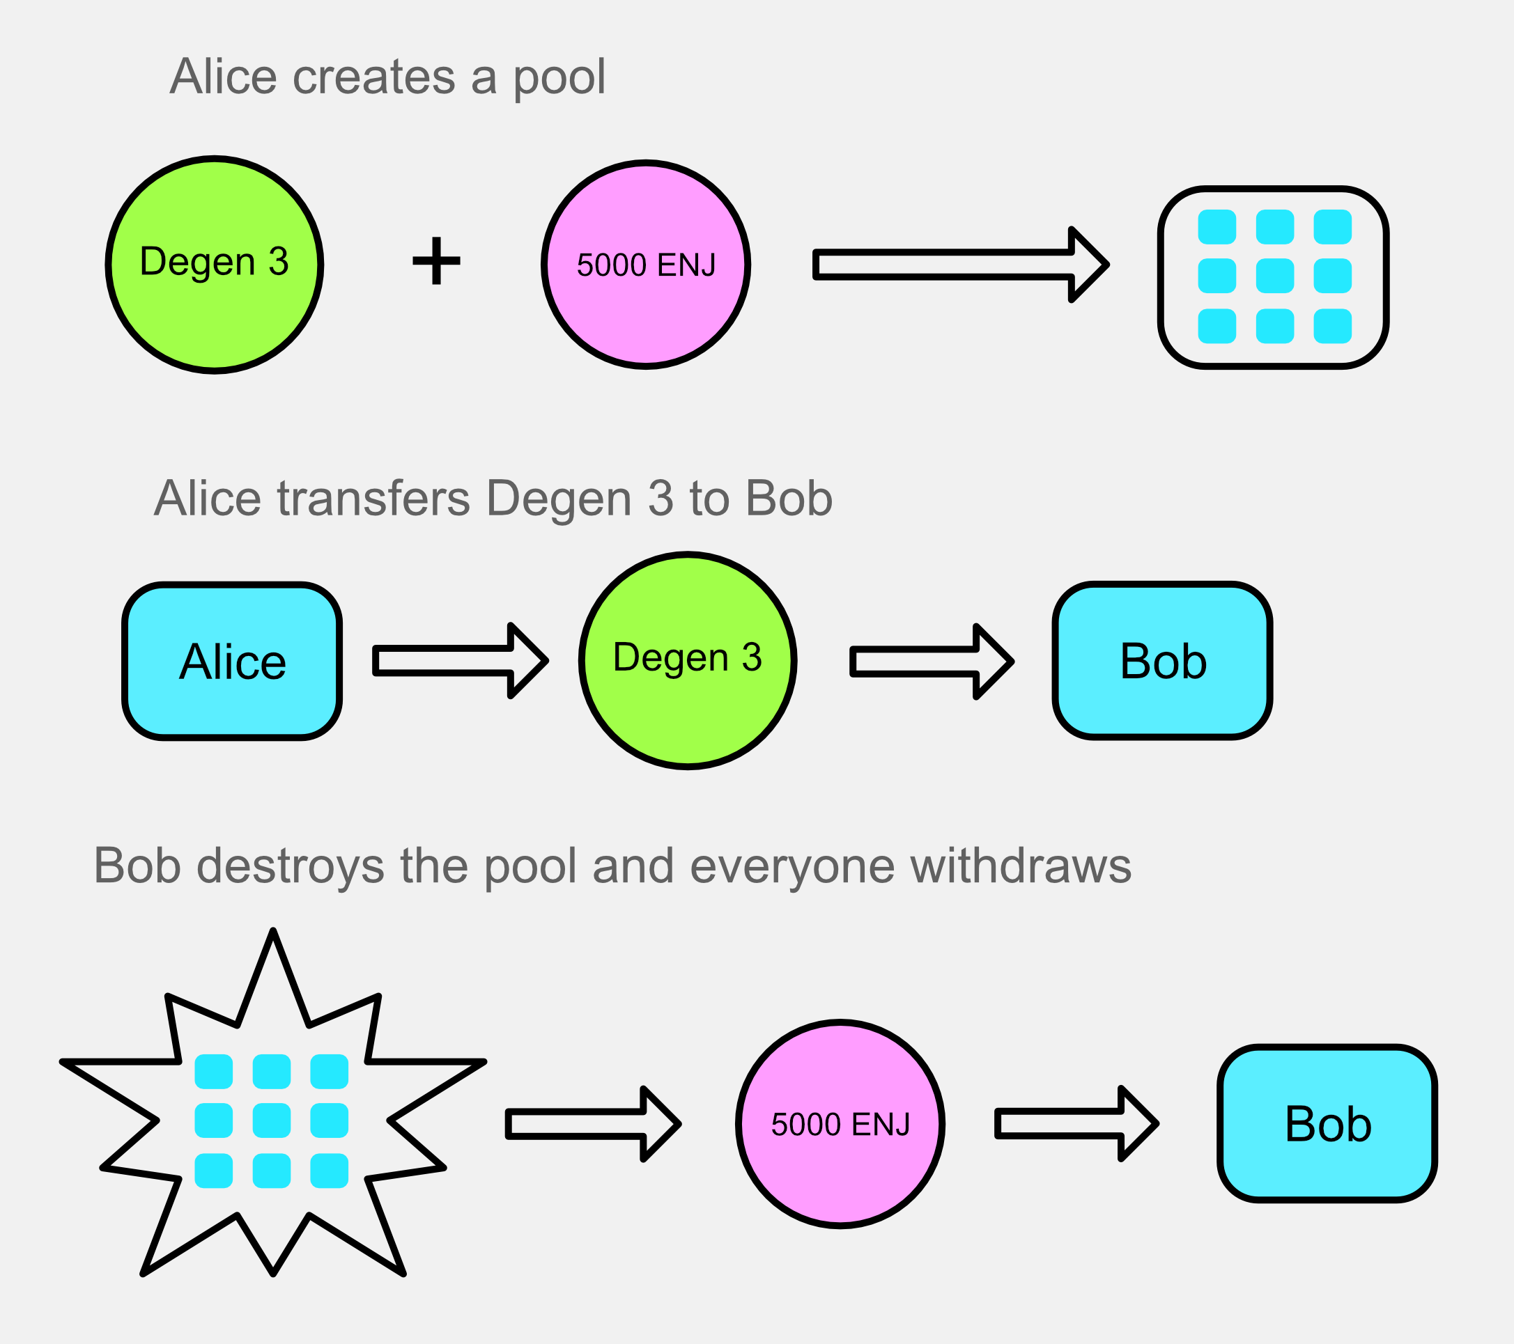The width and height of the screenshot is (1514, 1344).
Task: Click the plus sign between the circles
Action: click(436, 260)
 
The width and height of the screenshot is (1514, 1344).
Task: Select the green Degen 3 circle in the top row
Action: click(215, 265)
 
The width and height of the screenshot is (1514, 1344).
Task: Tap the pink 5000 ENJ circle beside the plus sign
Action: click(646, 265)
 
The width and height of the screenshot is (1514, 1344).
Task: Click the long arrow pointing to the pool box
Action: click(961, 265)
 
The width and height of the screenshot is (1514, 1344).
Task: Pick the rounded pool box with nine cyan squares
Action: click(1273, 277)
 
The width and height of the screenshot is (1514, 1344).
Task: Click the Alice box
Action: click(232, 662)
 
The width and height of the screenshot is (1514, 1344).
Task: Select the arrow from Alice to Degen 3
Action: click(461, 661)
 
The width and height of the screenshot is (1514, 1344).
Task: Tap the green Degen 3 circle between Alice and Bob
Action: click(688, 661)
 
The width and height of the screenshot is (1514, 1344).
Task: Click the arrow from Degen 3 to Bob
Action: click(932, 662)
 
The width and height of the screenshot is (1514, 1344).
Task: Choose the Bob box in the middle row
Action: click(1163, 661)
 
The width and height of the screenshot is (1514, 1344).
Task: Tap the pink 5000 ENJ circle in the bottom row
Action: click(840, 1124)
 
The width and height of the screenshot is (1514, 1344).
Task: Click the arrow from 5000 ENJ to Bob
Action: click(1077, 1123)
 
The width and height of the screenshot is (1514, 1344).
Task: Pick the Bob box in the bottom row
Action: click(1327, 1123)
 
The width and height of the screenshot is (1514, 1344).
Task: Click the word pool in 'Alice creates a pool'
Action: click(559, 78)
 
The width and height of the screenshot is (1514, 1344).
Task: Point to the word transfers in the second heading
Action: click(373, 498)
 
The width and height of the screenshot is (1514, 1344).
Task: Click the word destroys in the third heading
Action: click(291, 865)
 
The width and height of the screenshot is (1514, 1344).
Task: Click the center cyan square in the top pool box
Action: click(1275, 276)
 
